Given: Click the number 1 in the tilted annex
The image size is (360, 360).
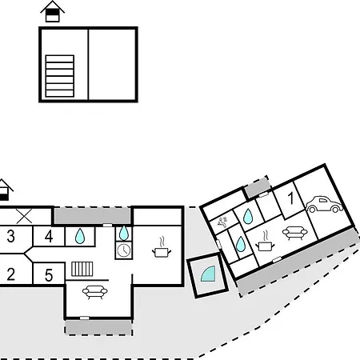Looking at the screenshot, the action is (291, 198).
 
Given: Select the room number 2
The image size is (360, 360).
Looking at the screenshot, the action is (10, 274).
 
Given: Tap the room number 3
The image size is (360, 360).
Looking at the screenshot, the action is (10, 236).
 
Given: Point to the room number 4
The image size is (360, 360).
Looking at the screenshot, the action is (49, 236).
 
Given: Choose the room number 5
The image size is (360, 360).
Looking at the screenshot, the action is (49, 275).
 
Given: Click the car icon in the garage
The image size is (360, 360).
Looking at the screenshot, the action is (324, 205).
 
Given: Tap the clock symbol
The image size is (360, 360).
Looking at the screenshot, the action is (124, 250).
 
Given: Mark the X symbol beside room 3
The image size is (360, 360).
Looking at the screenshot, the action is (24, 216).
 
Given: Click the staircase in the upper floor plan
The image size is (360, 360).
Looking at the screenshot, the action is (60, 76).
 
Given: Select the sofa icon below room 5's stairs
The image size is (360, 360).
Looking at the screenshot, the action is (95, 292).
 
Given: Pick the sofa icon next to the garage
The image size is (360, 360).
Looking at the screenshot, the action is (295, 233).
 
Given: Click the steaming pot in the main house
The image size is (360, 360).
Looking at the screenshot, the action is (162, 247).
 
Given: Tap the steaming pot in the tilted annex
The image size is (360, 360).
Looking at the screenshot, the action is (265, 241).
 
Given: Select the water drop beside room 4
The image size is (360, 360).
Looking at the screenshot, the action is (80, 236).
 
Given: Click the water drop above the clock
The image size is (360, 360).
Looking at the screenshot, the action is (124, 233).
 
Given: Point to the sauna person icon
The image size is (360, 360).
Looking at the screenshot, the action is (222, 222).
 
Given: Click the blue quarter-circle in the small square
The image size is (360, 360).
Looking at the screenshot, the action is (209, 274).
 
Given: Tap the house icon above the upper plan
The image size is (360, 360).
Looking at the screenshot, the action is (52, 11).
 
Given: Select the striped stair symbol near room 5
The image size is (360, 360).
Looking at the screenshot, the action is (82, 269).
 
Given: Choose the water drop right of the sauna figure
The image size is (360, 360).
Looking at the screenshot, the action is (248, 216).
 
